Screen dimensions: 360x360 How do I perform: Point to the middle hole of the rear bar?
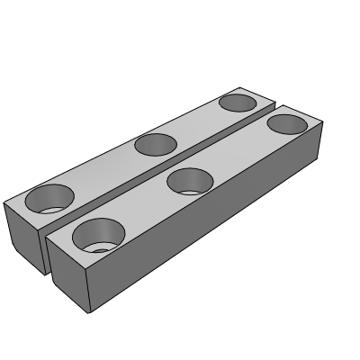(x=155, y=142)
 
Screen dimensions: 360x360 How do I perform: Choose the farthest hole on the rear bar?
(x=238, y=102)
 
